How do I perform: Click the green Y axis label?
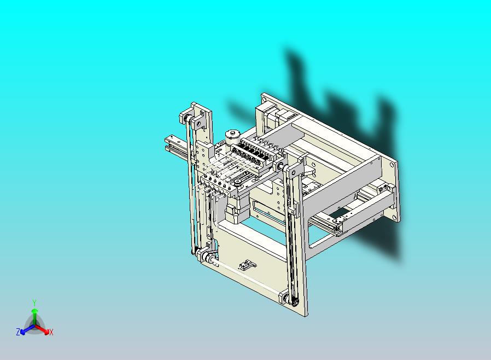pos(34,303)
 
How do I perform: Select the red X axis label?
pos(51,332)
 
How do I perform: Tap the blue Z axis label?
pos(18,332)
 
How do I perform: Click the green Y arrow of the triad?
pos(34,316)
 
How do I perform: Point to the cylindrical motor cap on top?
pos(232,137)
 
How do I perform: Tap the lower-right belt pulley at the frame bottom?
pos(286,298)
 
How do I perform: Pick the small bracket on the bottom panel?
pos(247,265)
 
